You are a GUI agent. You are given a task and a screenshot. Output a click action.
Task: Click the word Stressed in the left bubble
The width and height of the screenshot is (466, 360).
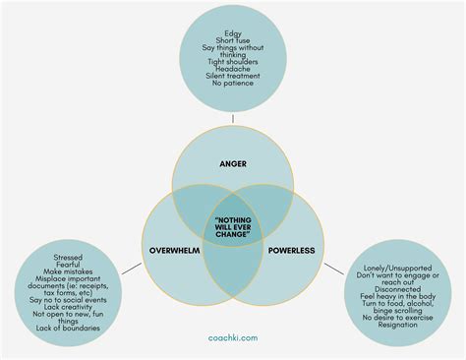tap(69, 257)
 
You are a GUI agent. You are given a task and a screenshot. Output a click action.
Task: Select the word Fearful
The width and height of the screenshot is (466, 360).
tap(69, 266)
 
